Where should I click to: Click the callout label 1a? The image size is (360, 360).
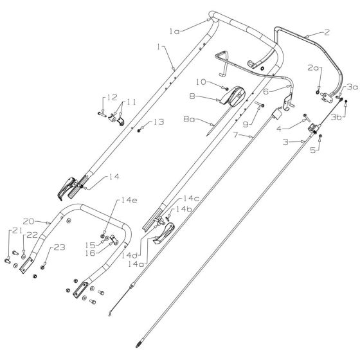click(x=174, y=32)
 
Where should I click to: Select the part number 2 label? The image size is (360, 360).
click(x=327, y=32)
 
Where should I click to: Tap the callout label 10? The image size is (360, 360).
click(x=201, y=82)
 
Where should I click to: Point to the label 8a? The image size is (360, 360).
click(x=189, y=119)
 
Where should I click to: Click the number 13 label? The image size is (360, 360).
click(x=159, y=122)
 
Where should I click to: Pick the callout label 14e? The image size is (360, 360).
click(x=129, y=200)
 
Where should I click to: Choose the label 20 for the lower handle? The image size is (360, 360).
click(x=28, y=222)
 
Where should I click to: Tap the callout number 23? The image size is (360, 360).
click(x=59, y=248)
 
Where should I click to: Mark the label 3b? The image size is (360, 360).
click(x=336, y=117)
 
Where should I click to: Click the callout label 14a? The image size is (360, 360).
click(x=136, y=264)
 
